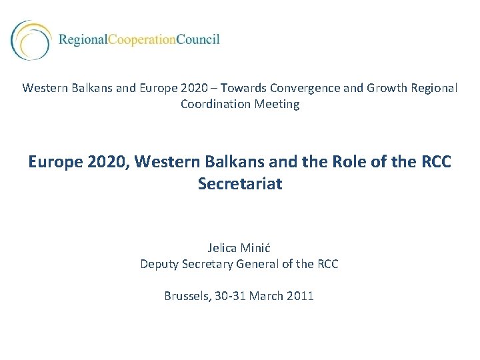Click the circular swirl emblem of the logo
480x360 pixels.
point(30,39)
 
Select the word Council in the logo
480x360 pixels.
point(198,39)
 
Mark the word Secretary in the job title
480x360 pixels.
point(207,264)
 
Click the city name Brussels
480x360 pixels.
point(188,296)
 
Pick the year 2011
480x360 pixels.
point(301,296)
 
